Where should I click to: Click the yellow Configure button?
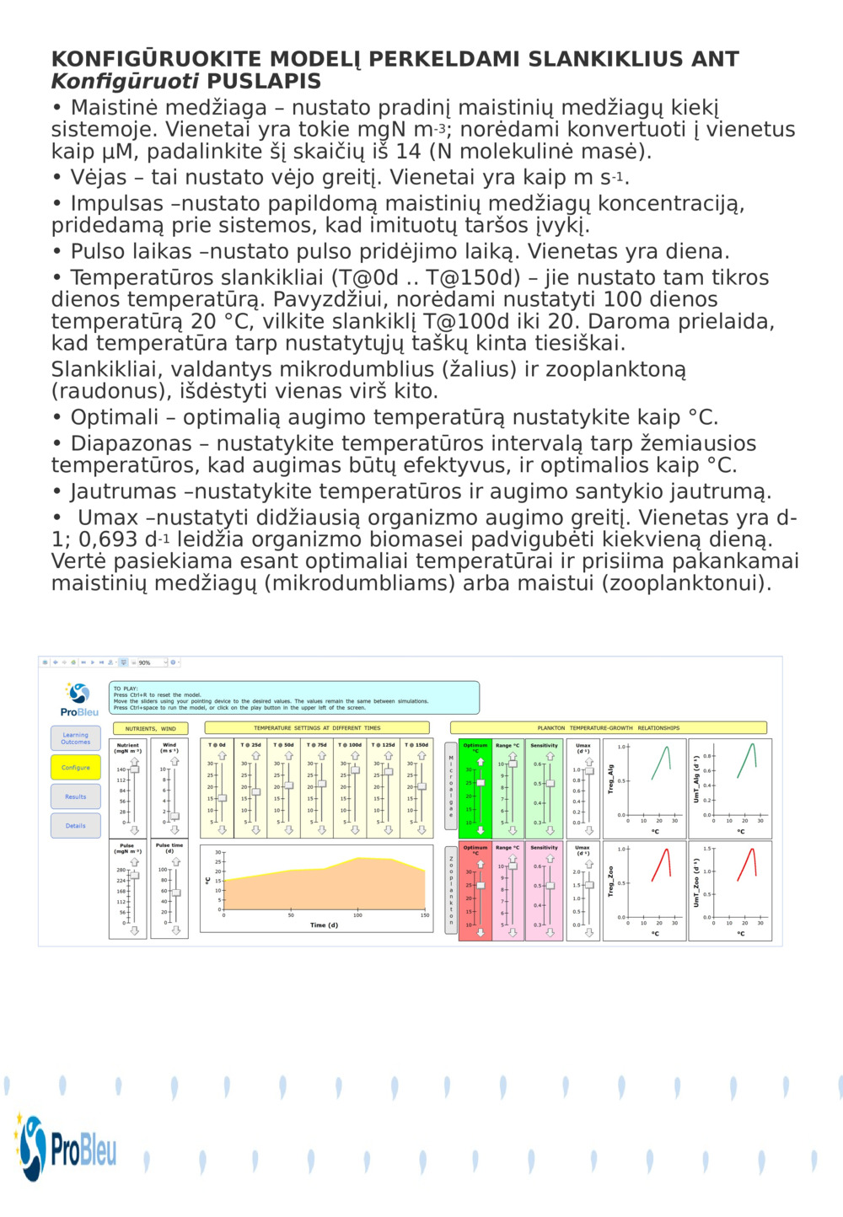tap(75, 768)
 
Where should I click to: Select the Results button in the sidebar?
tap(75, 796)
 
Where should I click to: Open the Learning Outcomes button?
tap(75, 738)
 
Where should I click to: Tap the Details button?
tap(75, 826)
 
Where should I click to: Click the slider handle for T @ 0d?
tap(222, 798)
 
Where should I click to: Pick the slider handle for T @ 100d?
tap(355, 770)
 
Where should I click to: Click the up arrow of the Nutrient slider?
tap(133, 761)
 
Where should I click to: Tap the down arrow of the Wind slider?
tap(175, 830)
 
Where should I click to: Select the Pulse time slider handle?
tap(175, 893)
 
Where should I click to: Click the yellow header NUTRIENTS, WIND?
tap(150, 728)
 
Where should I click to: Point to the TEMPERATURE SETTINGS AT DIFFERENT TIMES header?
tap(317, 728)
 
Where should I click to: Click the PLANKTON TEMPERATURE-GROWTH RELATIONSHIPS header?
tap(608, 728)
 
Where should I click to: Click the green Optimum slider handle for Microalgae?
tap(481, 783)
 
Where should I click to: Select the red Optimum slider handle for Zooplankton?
tap(481, 886)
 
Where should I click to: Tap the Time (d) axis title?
tap(324, 925)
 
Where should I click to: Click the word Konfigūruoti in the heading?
tap(125, 82)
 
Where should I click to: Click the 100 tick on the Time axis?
tap(357, 915)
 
